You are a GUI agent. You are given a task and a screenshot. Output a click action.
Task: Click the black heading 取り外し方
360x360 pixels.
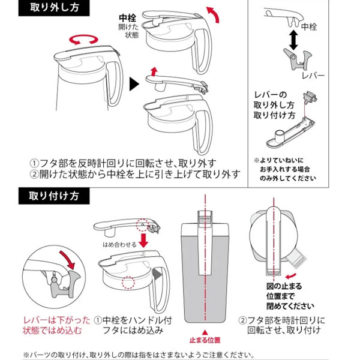coord(54,8)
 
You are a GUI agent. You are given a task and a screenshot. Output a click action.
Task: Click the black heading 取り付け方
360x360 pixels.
coord(54,196)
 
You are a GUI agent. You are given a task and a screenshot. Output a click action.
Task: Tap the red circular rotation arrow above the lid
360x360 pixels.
coord(83,40)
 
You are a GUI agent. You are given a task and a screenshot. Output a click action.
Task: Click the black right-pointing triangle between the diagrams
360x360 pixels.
coord(134,84)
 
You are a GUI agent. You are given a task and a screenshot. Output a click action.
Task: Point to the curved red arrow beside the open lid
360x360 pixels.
coord(214,14)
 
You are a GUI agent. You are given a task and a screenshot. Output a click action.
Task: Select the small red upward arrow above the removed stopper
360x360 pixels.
coord(154,71)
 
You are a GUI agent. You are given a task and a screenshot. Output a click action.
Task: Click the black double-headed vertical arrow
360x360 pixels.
coord(293,40)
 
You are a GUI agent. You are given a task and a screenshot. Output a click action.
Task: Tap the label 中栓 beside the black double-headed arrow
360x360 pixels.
coord(309,26)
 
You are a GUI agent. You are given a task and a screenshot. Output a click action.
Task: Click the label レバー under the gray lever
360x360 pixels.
coord(313,76)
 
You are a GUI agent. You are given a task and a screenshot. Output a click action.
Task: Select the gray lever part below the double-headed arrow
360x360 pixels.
coord(298,59)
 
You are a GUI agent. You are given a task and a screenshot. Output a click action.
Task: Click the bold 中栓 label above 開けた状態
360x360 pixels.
coord(127,17)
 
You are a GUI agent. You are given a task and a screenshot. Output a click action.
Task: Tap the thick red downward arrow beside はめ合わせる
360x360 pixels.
coord(144,241)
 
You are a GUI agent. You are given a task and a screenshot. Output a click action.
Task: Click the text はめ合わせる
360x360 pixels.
coord(119,245)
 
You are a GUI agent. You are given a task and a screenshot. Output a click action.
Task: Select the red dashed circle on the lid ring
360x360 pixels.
coord(128,283)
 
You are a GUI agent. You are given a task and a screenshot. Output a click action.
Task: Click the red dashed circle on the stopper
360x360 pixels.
coord(143,225)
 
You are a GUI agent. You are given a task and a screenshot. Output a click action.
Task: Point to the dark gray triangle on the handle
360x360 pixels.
coord(157,274)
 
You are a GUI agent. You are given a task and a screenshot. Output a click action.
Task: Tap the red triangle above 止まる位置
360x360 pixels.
coord(205,332)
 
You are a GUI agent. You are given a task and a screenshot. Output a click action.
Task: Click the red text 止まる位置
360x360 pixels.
coord(205,340)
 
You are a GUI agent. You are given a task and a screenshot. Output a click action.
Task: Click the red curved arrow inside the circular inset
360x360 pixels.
coord(68,260)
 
